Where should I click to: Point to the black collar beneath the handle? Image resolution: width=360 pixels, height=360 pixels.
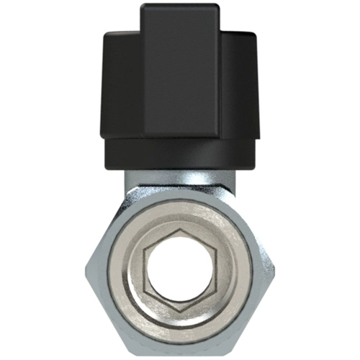tap(179, 155)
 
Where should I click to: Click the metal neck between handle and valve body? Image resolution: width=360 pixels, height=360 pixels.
tap(179, 184)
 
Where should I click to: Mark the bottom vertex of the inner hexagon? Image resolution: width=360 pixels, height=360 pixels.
tap(179, 310)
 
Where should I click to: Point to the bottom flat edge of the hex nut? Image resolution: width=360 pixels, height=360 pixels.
tap(179, 354)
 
